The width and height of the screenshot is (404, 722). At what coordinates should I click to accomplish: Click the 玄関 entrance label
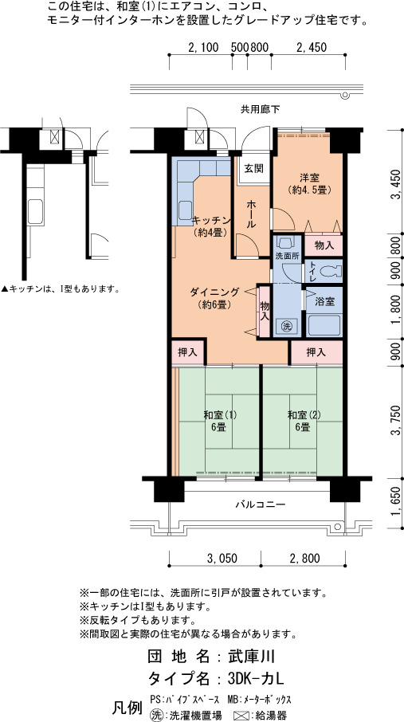click(x=254, y=168)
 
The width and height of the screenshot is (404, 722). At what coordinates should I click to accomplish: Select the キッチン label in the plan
click(x=210, y=220)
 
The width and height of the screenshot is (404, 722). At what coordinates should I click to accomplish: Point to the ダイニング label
click(x=214, y=291)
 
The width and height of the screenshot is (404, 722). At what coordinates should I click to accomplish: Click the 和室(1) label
click(x=220, y=415)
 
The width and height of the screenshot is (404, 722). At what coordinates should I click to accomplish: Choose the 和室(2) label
click(x=304, y=415)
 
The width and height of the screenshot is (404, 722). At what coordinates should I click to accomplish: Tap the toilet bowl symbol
click(x=329, y=271)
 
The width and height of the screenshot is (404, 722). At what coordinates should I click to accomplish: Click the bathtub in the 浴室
click(x=324, y=325)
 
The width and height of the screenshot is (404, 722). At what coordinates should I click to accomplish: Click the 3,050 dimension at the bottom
click(x=222, y=559)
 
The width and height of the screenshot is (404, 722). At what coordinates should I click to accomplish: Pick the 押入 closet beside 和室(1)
click(x=187, y=353)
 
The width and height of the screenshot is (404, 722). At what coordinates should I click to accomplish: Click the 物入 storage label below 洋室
click(x=324, y=246)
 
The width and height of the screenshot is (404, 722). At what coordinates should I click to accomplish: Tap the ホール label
click(x=252, y=214)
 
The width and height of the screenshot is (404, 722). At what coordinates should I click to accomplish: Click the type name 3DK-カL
click(x=255, y=678)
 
